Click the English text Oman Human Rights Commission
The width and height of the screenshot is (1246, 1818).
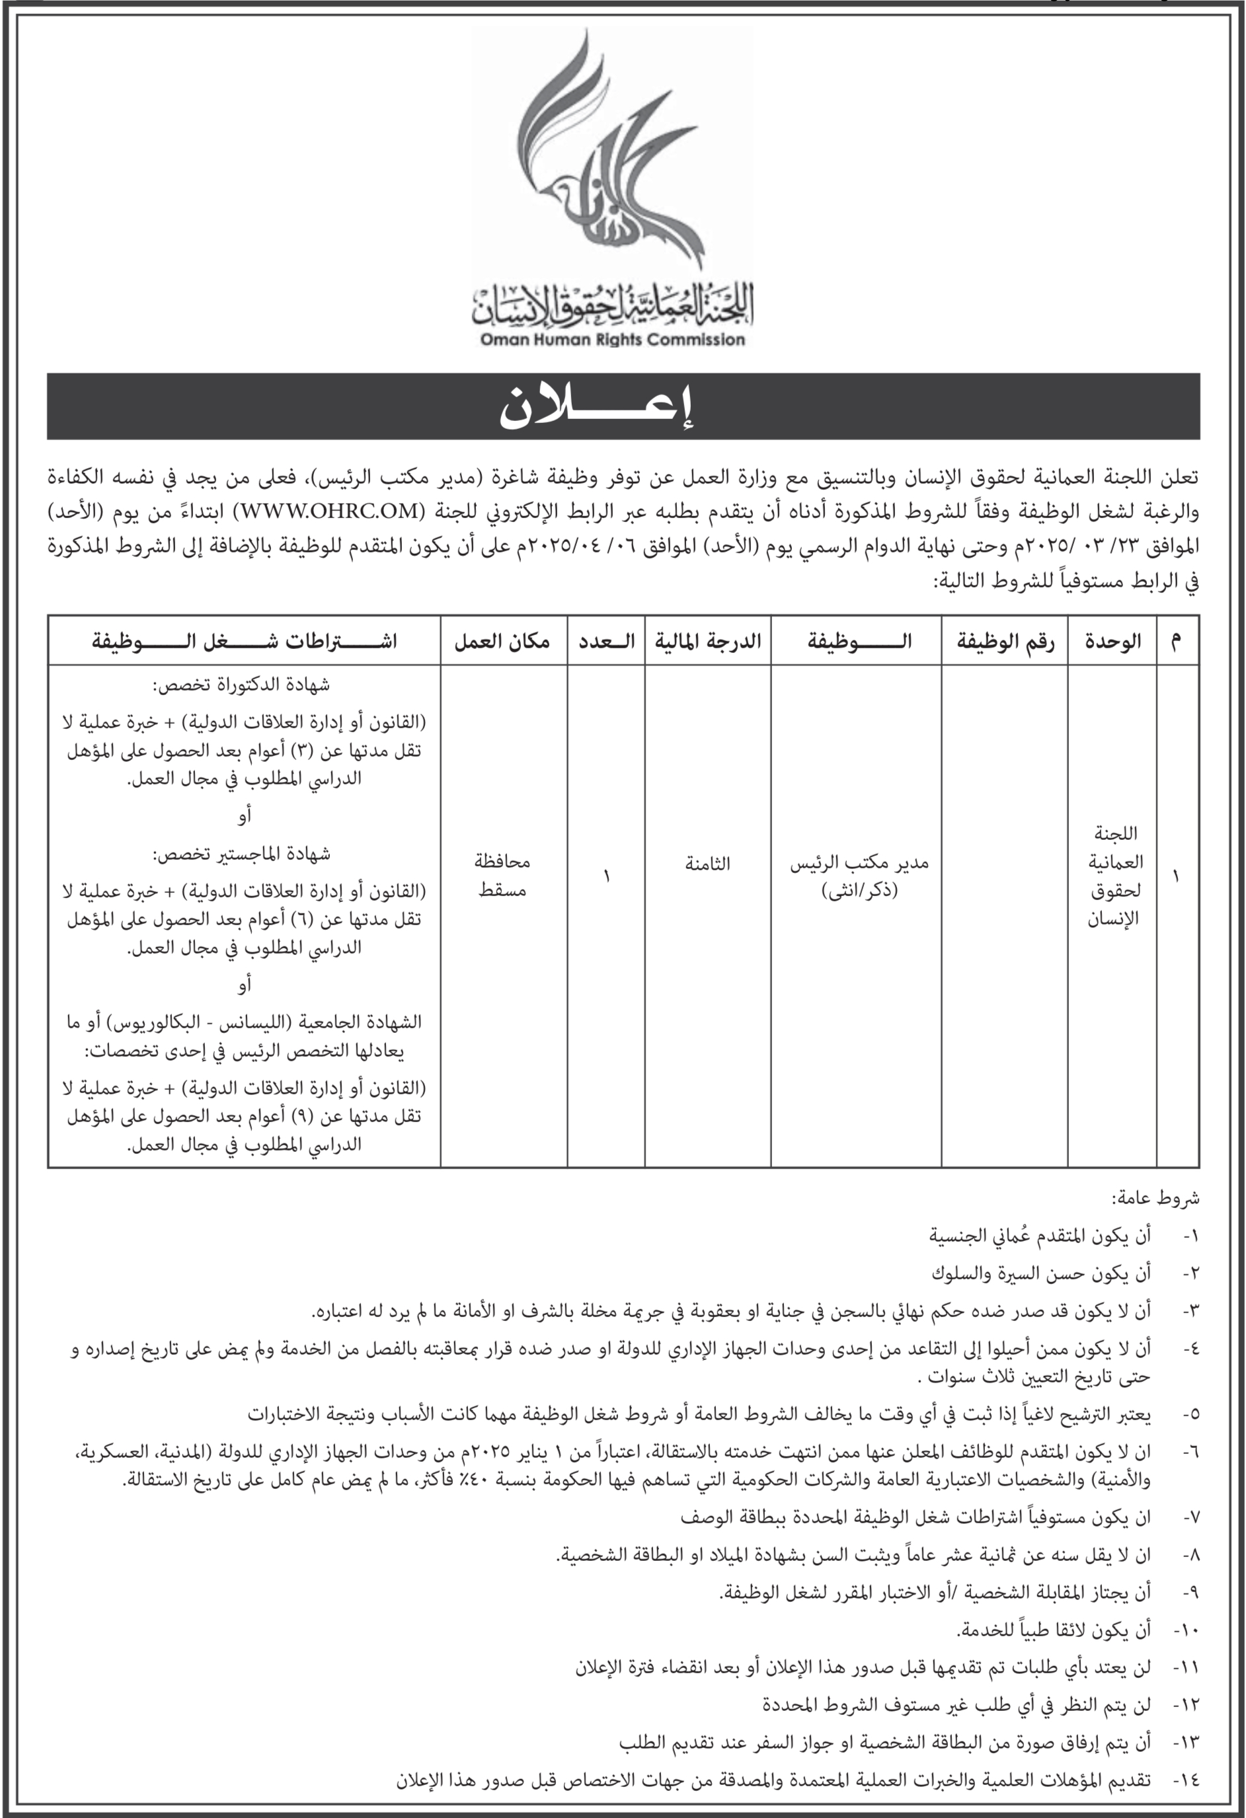(612, 340)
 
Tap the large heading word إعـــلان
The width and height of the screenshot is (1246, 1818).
(598, 407)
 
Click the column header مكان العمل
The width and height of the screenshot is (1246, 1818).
(502, 642)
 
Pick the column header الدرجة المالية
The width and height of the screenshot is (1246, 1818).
(707, 642)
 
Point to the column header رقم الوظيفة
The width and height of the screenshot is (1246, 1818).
(1005, 642)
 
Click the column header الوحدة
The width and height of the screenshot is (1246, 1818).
(1112, 642)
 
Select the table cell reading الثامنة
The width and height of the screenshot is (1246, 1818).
(707, 864)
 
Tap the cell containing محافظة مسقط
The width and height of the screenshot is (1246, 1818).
(502, 876)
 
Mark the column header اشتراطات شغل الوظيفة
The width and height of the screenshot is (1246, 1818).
(244, 642)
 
